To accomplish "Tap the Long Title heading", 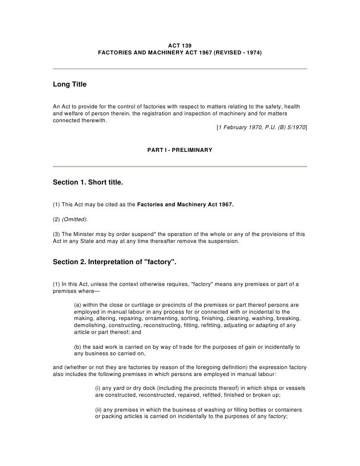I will [x=69, y=85].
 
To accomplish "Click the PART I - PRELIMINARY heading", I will [x=180, y=149].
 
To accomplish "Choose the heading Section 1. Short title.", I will [x=88, y=183].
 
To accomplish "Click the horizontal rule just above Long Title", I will [x=180, y=68].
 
